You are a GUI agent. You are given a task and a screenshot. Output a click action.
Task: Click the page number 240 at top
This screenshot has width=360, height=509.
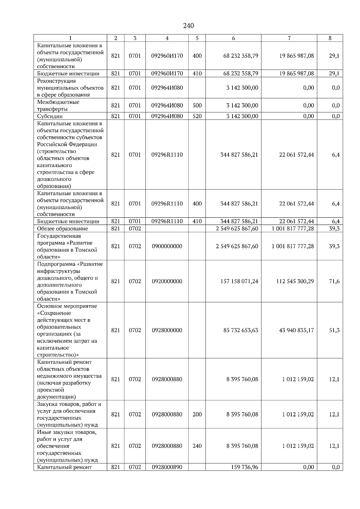coord(188,26)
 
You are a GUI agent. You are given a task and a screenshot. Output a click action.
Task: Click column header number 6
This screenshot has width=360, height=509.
coord(233,38)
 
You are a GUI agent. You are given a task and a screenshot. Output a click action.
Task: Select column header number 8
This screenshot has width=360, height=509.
coord(330,38)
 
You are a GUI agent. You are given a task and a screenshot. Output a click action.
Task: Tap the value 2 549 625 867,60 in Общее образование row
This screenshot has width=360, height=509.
coord(237,229)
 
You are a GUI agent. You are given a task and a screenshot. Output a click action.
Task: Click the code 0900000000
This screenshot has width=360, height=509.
coord(167,246)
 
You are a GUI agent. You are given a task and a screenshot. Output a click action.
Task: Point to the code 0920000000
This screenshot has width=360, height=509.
coord(167,281)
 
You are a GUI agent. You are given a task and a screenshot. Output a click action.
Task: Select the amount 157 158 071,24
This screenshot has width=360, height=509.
coord(239,281)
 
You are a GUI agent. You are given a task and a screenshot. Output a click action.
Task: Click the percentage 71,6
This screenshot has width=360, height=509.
coord(334,281)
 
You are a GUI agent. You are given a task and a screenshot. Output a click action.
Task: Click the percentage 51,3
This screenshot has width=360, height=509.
coord(334,330)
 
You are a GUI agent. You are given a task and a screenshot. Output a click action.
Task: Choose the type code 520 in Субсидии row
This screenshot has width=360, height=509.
coord(197,116)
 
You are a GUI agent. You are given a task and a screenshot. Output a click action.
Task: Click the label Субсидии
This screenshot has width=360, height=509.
coord(50,116)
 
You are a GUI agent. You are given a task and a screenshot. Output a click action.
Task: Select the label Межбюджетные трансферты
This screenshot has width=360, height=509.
coord(58,106)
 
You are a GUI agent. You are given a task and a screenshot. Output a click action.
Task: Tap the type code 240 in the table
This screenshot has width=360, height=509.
coord(197,446)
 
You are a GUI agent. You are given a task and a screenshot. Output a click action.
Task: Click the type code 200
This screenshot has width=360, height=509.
coord(197,415)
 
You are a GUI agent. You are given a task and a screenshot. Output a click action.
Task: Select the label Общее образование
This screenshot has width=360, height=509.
coord(62,229)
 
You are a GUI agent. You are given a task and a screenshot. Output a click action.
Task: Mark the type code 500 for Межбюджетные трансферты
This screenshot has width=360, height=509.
coord(197,106)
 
